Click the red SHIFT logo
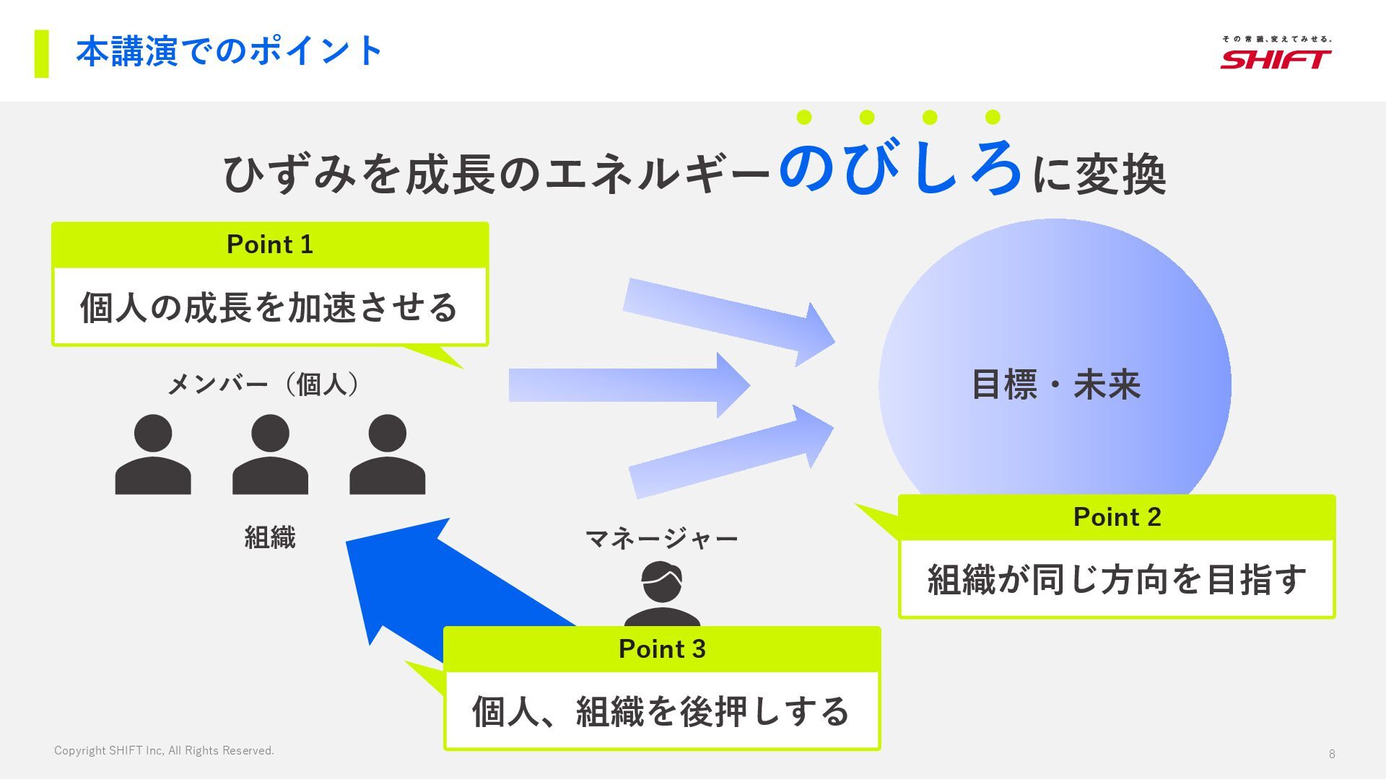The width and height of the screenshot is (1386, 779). tap(1276, 58)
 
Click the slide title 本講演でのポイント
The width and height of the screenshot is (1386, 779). tap(229, 51)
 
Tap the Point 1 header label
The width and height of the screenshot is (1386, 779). tap(270, 245)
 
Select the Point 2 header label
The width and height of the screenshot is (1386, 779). tap(1117, 517)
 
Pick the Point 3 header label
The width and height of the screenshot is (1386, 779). tap(662, 649)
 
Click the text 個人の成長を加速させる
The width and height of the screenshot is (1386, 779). tap(269, 307)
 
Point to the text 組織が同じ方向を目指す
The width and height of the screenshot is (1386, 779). tap(1117, 579)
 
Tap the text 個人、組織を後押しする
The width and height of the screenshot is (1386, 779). tap(661, 711)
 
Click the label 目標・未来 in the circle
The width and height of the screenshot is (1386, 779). tap(1055, 384)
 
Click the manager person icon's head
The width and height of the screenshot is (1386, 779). tap(662, 581)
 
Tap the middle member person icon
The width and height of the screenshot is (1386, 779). tap(270, 454)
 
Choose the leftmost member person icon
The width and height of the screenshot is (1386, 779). tap(153, 454)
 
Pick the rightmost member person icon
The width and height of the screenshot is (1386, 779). tap(387, 454)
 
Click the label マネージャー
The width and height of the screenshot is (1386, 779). tap(661, 539)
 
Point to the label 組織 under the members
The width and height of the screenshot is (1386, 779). tap(270, 537)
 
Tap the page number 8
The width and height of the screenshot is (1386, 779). tap(1332, 754)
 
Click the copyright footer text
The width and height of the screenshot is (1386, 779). tap(164, 751)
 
